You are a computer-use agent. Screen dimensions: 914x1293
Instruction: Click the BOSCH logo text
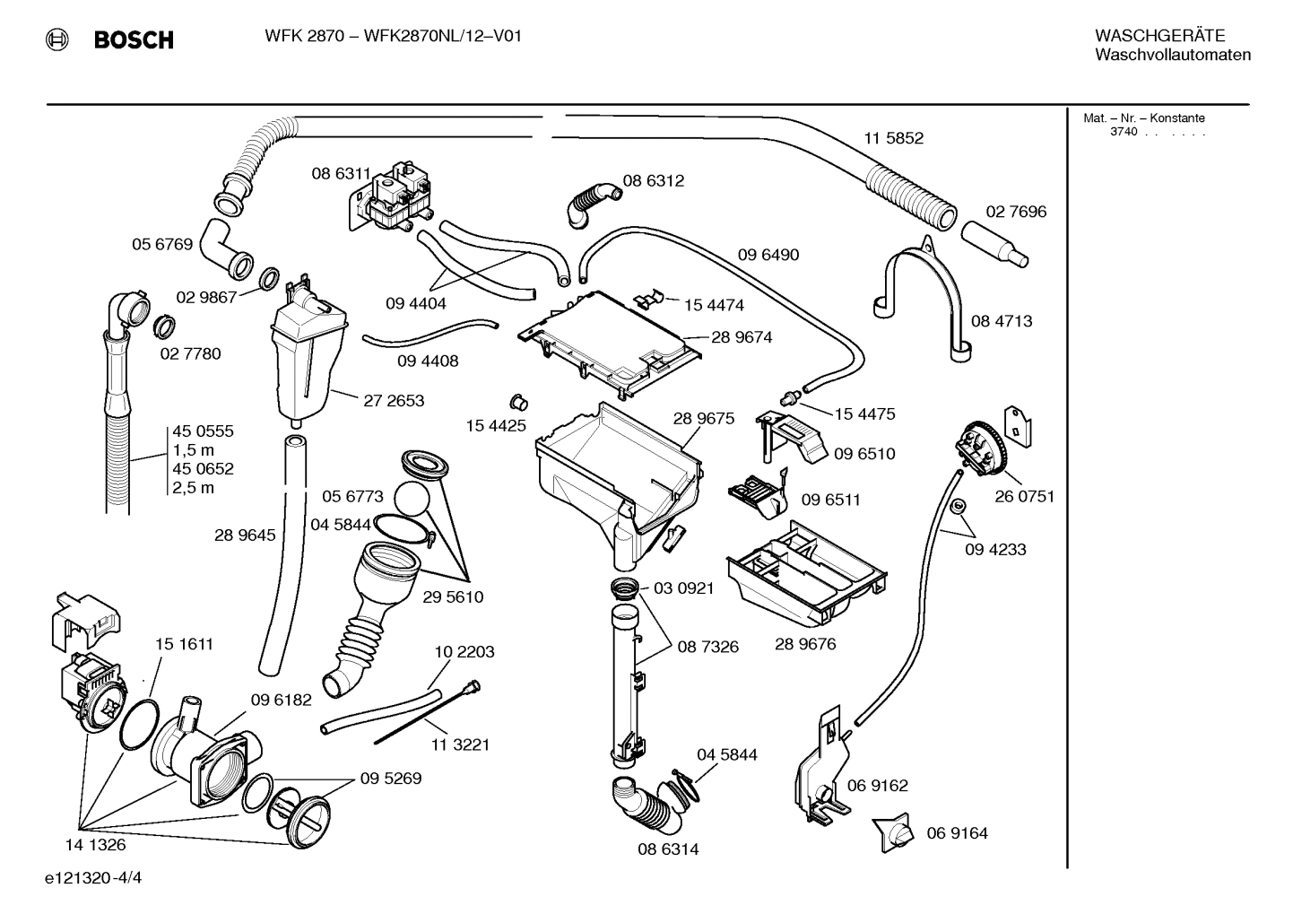click(134, 39)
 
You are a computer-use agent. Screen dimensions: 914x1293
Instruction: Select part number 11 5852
click(893, 138)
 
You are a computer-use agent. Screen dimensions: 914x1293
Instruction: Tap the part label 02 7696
click(1016, 212)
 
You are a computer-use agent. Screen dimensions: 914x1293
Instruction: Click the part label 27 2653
click(394, 401)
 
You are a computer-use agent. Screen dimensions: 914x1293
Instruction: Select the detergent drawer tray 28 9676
click(808, 574)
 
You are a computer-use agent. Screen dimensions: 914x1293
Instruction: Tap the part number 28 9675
click(704, 419)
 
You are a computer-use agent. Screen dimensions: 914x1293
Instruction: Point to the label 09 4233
click(995, 549)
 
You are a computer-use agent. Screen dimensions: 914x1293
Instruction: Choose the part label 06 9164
click(957, 833)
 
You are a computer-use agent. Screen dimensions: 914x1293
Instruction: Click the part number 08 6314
click(668, 849)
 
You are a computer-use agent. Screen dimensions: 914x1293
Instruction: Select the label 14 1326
click(95, 844)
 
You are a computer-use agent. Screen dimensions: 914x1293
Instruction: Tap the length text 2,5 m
click(195, 488)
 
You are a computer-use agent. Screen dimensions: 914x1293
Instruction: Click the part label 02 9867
click(206, 298)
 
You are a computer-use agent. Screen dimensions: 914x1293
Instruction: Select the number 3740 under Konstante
click(1123, 132)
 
